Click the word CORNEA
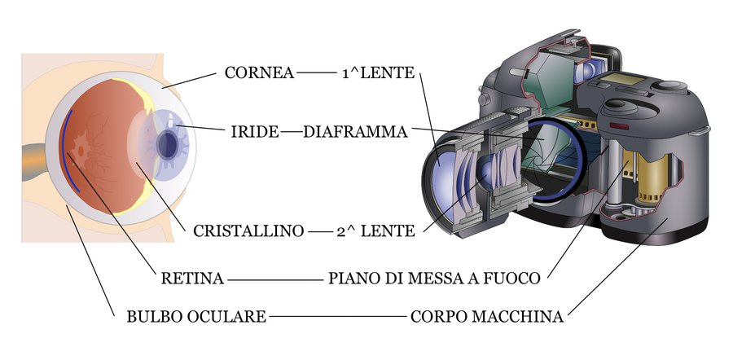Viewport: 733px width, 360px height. [x=259, y=73]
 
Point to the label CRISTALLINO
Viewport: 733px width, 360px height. [x=248, y=231]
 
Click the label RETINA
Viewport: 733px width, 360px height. [x=192, y=279]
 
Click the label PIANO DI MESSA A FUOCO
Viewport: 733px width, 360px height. [x=435, y=279]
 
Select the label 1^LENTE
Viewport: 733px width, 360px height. [x=378, y=73]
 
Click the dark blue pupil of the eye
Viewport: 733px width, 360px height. [x=168, y=143]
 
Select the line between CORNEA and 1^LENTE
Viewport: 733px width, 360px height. [x=316, y=73]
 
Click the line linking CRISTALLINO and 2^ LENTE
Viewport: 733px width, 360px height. [x=320, y=231]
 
